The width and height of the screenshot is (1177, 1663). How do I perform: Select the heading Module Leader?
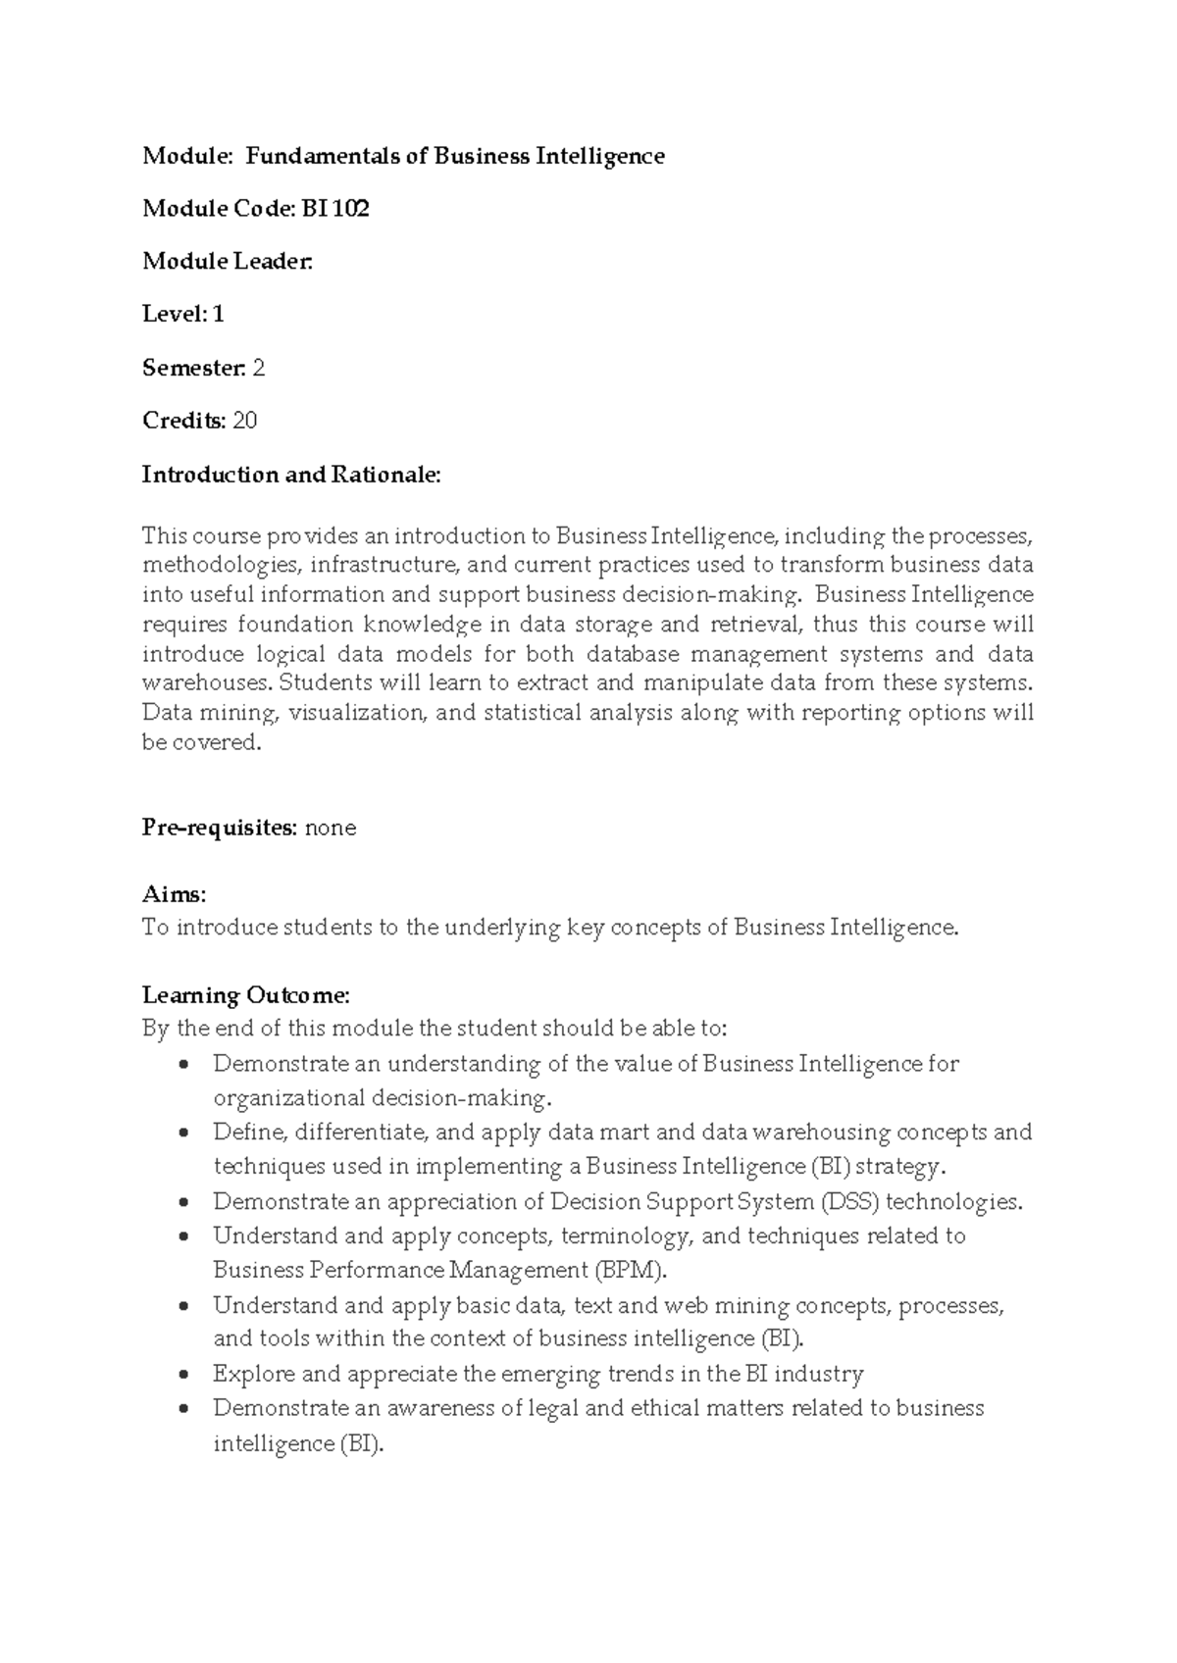[228, 262]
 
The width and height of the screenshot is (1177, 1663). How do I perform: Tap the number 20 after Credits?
[245, 421]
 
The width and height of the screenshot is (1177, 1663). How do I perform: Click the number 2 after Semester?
[259, 369]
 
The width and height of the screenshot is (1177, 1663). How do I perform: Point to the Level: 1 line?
[183, 315]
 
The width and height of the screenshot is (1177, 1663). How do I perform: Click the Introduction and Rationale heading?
[291, 475]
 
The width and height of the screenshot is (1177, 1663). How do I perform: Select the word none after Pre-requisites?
[331, 828]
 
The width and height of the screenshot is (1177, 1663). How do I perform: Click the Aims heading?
[174, 894]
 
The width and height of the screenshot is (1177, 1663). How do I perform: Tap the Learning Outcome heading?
[245, 995]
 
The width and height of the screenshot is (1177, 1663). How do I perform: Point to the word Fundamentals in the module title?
[322, 156]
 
